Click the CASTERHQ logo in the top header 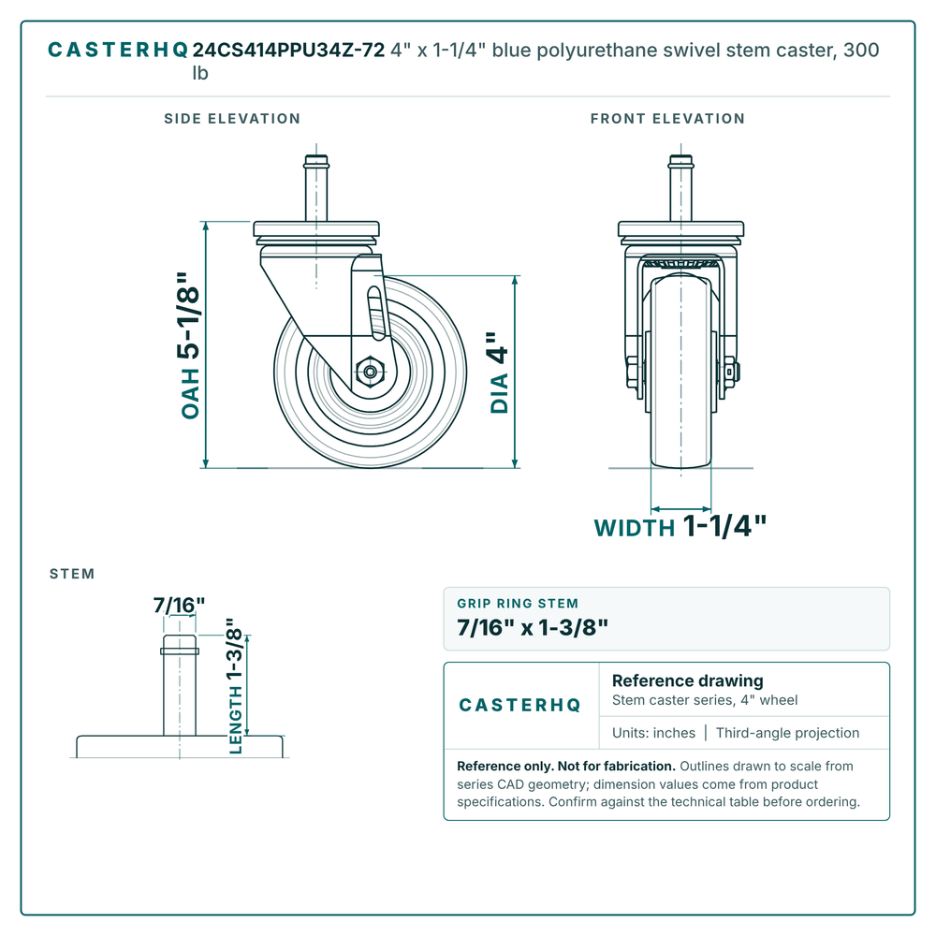click(118, 51)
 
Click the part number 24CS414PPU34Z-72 click(288, 51)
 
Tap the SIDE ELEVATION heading click(232, 118)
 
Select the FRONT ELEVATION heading click(667, 118)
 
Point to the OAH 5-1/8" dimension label click(190, 345)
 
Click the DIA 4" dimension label click(499, 373)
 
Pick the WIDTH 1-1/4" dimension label click(680, 526)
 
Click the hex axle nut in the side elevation click(370, 372)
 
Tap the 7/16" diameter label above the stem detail click(179, 606)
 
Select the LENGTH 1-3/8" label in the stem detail click(235, 686)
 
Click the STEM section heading click(72, 574)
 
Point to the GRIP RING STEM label click(518, 604)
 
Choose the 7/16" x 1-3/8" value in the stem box click(533, 627)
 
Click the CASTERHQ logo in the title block click(519, 705)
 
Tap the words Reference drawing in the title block click(688, 680)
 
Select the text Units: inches click(653, 733)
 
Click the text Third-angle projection click(787, 733)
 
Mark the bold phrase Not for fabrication click(616, 766)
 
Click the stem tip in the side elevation click(316, 157)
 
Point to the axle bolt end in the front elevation click(736, 372)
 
